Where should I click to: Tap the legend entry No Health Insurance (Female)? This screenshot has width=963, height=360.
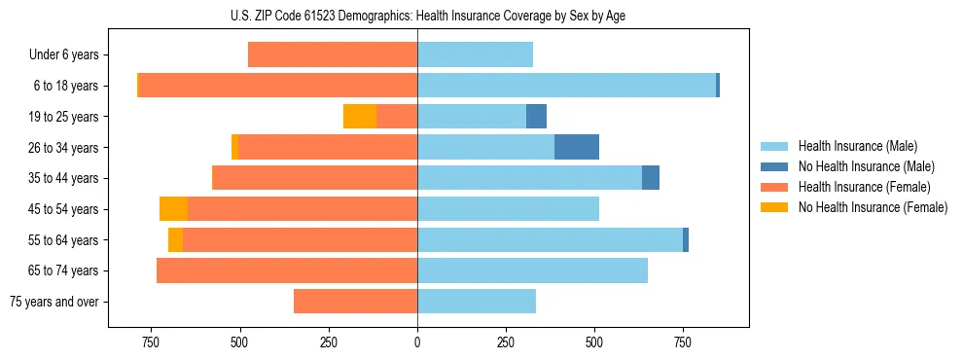(x=872, y=207)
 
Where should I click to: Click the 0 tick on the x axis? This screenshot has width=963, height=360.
(x=417, y=342)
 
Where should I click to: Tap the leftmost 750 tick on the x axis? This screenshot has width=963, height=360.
(x=151, y=342)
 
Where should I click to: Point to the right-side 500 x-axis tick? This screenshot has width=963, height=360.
(x=594, y=342)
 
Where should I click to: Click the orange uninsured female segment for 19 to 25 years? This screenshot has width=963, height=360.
(x=360, y=117)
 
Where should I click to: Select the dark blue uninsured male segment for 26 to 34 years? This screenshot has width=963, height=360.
(x=577, y=147)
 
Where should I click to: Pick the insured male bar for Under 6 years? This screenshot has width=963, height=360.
(x=475, y=54)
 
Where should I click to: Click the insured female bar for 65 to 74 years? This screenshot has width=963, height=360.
(x=287, y=270)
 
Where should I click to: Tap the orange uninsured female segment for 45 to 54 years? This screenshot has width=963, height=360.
(x=173, y=209)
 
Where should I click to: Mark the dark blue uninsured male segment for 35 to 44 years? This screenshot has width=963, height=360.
(x=651, y=178)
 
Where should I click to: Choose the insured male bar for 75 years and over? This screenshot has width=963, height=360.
(x=477, y=302)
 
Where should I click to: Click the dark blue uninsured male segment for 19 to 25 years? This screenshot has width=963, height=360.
(x=536, y=117)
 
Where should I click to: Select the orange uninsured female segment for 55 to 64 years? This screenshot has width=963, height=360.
(x=175, y=240)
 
